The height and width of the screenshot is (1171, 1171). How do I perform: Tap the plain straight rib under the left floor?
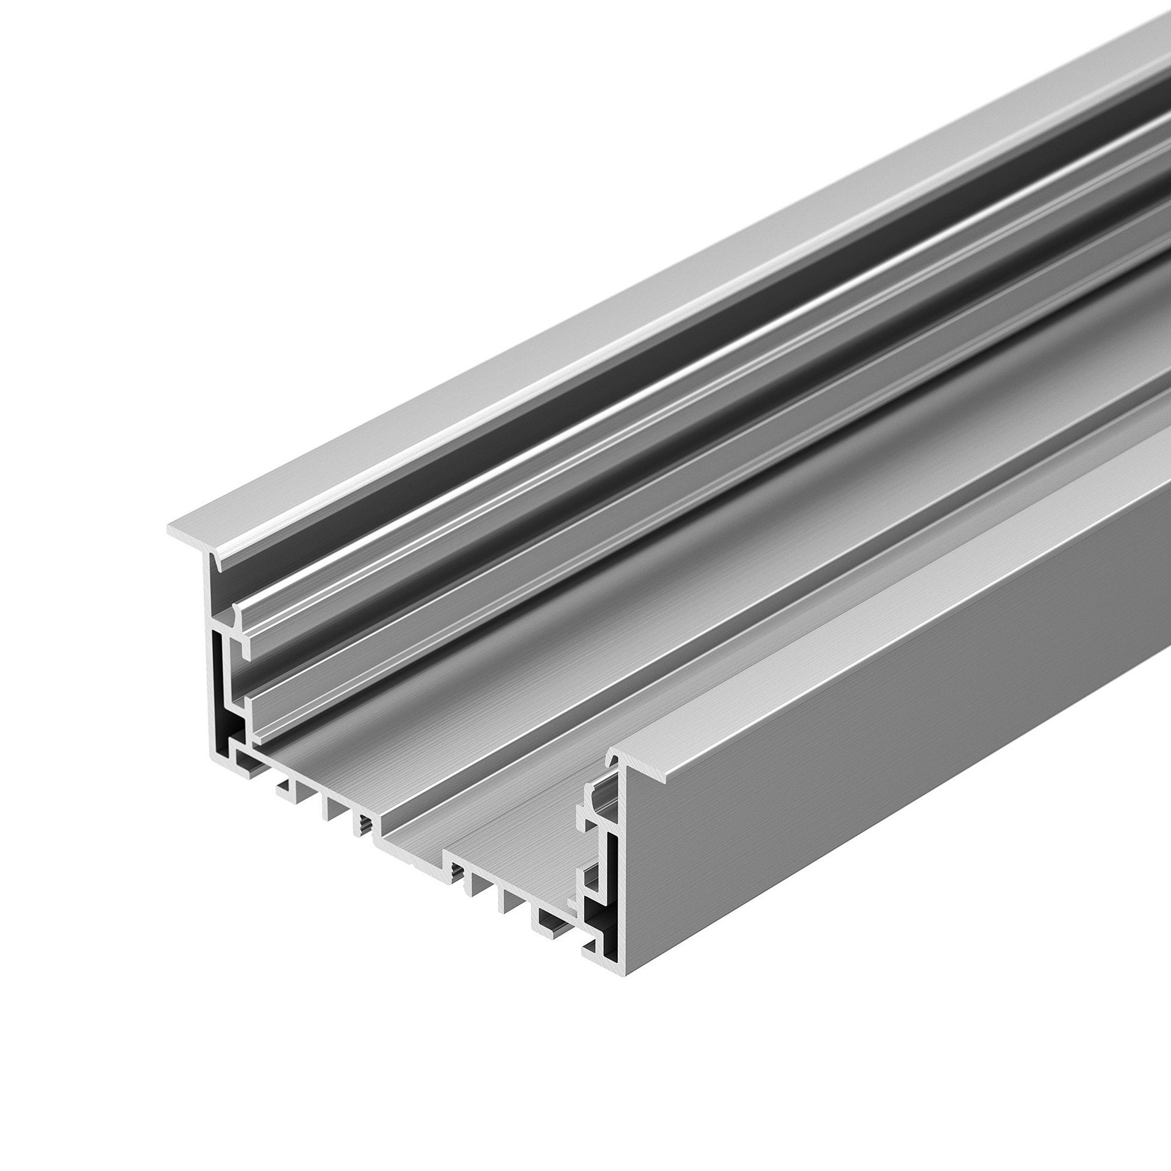(332, 808)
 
